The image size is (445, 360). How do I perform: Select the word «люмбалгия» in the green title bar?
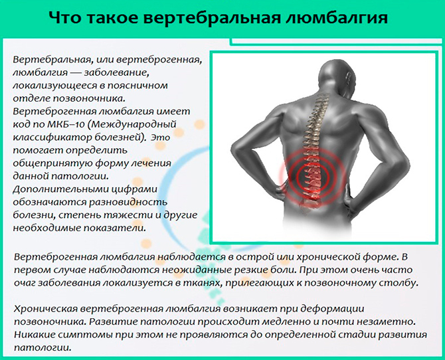[x=335, y=18]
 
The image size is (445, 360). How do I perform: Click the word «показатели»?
[x=114, y=228]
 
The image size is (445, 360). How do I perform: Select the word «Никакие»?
[x=34, y=335]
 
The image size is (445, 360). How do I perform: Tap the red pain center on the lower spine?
[x=311, y=177]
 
